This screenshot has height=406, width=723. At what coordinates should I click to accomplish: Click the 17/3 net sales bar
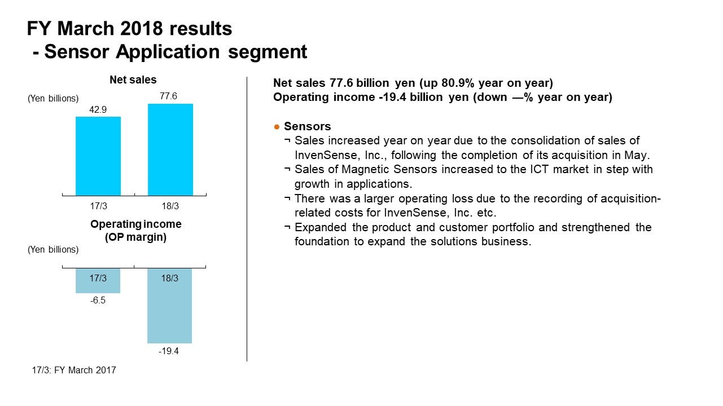point(98,156)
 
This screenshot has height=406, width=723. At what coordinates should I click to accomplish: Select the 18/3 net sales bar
point(170,149)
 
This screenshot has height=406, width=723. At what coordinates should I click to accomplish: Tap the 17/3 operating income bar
point(98,281)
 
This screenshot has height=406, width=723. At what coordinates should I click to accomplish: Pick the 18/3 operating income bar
point(169,306)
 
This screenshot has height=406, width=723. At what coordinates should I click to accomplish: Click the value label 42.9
point(98,109)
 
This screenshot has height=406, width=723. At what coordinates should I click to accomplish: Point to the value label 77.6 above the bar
point(168,96)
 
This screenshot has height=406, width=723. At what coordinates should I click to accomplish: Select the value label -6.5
point(98,300)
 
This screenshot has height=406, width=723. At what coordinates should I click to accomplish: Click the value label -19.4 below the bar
point(169,351)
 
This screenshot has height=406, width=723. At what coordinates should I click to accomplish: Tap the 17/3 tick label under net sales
point(98,206)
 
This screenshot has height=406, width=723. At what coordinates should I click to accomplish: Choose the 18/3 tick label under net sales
point(170,206)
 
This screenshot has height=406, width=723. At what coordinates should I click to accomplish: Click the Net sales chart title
point(133,80)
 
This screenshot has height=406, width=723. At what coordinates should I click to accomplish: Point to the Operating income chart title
point(136,230)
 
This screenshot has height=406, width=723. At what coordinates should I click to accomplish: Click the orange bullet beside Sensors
point(277,127)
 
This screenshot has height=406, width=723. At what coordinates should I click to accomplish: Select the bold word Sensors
point(307,126)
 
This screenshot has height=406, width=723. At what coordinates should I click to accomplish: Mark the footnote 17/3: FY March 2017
point(74,370)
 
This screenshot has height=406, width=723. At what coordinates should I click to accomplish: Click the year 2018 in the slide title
point(142,28)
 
